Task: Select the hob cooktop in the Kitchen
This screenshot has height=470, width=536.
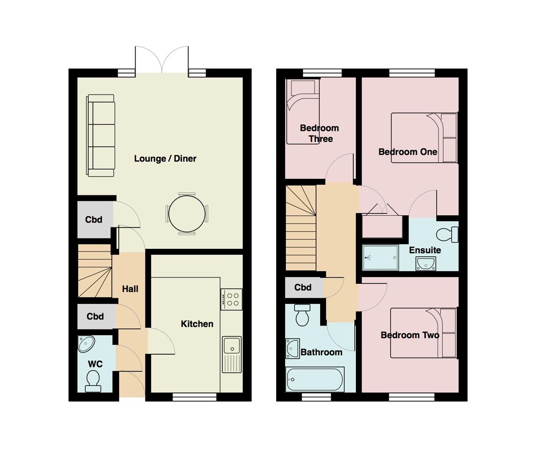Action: (231, 299)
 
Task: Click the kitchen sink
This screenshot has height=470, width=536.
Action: (232, 354)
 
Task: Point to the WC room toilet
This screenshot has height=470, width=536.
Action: (93, 380)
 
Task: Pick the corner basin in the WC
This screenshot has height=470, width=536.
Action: (86, 344)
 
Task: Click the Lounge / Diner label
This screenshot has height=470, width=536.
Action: (165, 158)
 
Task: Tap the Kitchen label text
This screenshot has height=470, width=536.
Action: (197, 324)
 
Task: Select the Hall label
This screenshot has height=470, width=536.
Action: (130, 289)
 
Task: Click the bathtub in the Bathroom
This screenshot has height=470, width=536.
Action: (315, 379)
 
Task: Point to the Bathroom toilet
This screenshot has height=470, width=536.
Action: (302, 315)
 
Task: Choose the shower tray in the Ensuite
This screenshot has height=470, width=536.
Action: (381, 258)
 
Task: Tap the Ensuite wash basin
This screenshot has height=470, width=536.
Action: (425, 263)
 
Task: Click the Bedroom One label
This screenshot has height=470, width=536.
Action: (408, 152)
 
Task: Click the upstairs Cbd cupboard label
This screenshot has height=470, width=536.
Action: (303, 288)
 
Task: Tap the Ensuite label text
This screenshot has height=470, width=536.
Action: (425, 250)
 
